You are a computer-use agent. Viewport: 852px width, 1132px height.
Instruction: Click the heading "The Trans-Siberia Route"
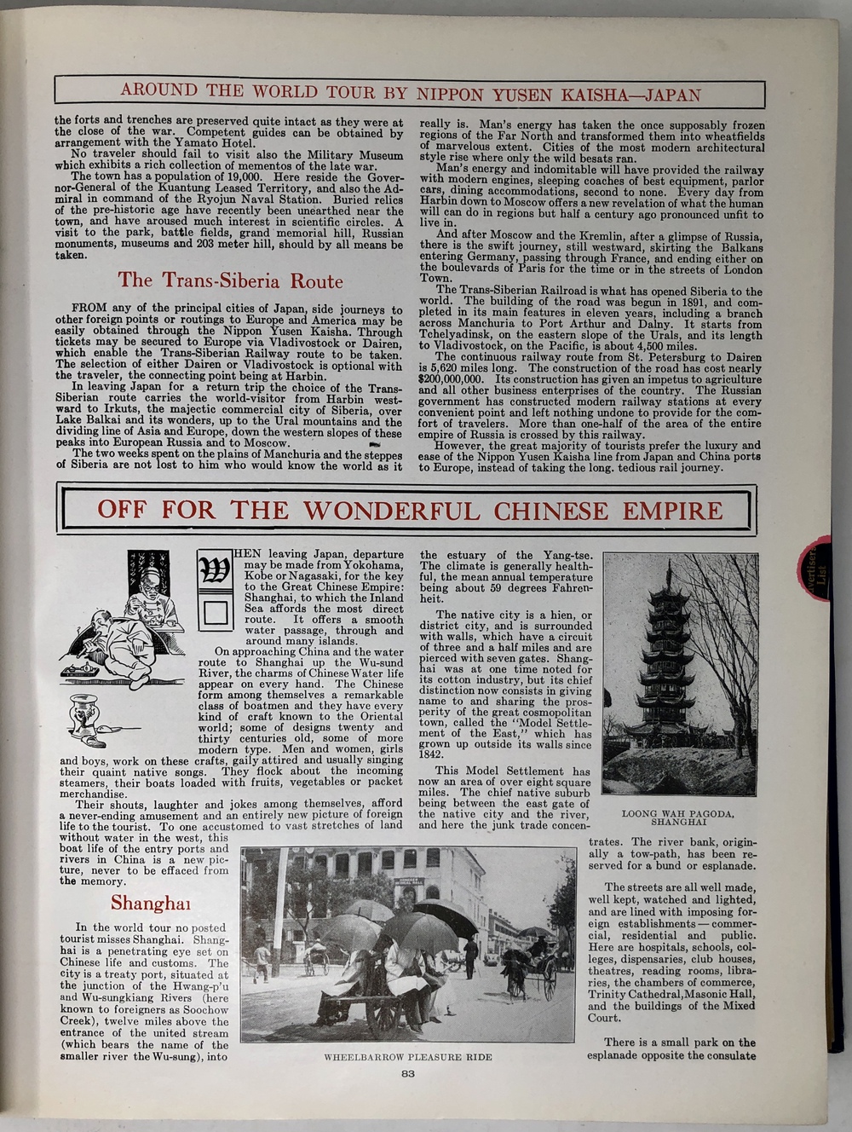(x=230, y=280)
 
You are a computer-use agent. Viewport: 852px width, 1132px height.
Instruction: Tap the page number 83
(x=407, y=1073)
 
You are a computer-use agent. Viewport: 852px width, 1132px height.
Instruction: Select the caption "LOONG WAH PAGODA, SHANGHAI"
(x=679, y=817)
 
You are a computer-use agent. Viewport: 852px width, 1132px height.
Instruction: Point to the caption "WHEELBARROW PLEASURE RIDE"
(x=407, y=1057)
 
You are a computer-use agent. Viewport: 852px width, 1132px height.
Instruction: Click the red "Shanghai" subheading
(x=150, y=904)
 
